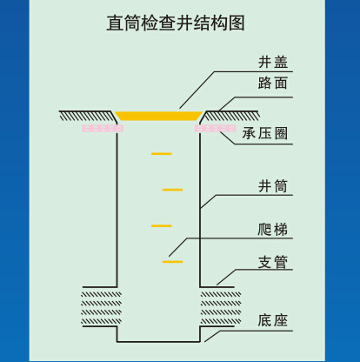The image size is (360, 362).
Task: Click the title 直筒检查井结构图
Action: pyautogui.click(x=176, y=23)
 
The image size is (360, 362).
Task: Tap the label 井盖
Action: pyautogui.click(x=273, y=62)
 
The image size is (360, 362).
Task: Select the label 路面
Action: pyautogui.click(x=273, y=83)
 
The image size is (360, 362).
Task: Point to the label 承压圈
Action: pyautogui.click(x=265, y=133)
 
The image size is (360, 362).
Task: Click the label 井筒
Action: pyautogui.click(x=273, y=186)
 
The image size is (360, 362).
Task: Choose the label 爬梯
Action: pyautogui.click(x=273, y=230)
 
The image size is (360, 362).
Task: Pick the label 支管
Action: pyautogui.click(x=273, y=262)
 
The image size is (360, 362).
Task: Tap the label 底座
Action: pyautogui.click(x=273, y=320)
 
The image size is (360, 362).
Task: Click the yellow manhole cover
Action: pyautogui.click(x=158, y=116)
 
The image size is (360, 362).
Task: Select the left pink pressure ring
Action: pyautogui.click(x=103, y=128)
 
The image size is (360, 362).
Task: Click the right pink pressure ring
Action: pyautogui.click(x=215, y=128)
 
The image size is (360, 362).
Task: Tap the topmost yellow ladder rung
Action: pyautogui.click(x=162, y=154)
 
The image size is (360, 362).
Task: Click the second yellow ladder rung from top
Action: pyautogui.click(x=172, y=190)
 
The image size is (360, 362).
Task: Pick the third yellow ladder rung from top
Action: pyautogui.click(x=162, y=225)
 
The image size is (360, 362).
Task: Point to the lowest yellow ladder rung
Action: pyautogui.click(x=172, y=262)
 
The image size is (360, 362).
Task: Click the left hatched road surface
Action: pyautogui.click(x=87, y=116)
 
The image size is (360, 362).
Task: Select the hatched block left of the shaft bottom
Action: pyautogui.click(x=101, y=308)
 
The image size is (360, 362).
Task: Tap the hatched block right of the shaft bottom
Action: pyautogui.click(x=221, y=308)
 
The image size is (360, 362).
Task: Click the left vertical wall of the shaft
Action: pyautogui.click(x=117, y=210)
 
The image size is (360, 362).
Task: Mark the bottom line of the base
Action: pyautogui.click(x=158, y=341)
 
